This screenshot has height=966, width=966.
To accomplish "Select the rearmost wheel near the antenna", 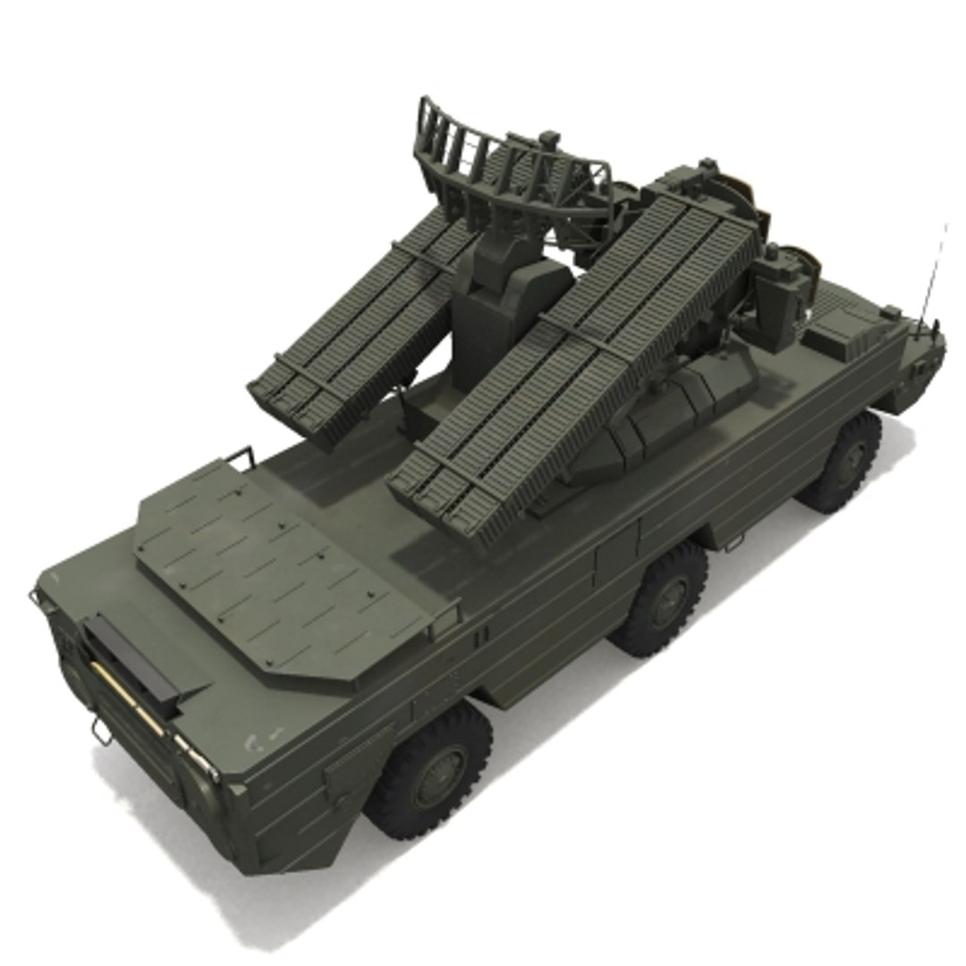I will pos(843,462).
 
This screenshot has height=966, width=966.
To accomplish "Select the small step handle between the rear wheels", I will pos(733,540).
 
